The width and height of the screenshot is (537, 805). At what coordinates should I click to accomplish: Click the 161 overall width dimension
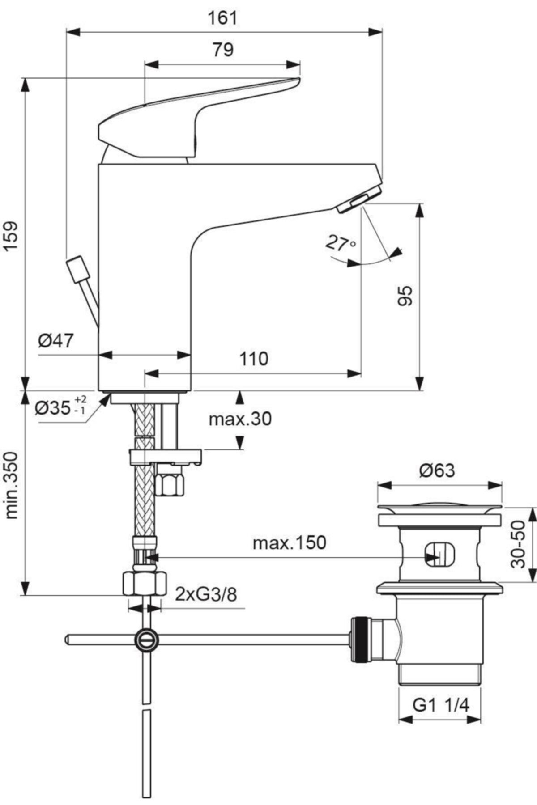pyautogui.click(x=222, y=18)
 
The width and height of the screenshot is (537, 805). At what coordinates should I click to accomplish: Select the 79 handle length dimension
pyautogui.click(x=222, y=50)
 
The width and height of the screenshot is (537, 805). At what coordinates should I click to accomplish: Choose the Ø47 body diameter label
pyautogui.click(x=55, y=341)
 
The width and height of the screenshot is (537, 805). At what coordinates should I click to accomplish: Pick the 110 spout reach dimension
pyautogui.click(x=254, y=358)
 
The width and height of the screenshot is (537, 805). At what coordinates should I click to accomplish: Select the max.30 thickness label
pyautogui.click(x=240, y=419)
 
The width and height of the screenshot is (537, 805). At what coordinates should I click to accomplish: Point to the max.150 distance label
pyautogui.click(x=290, y=543)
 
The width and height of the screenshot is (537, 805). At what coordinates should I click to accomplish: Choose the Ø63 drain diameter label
pyautogui.click(x=437, y=470)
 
